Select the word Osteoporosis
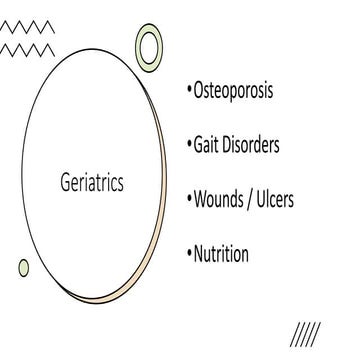(x=234, y=91)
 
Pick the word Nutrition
(x=221, y=253)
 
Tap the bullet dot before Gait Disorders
(x=188, y=147)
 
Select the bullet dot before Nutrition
(x=188, y=255)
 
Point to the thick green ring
(x=150, y=45)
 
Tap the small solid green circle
(x=24, y=267)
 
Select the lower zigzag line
(x=29, y=49)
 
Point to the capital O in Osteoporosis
(x=199, y=91)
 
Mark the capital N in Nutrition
(x=200, y=253)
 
